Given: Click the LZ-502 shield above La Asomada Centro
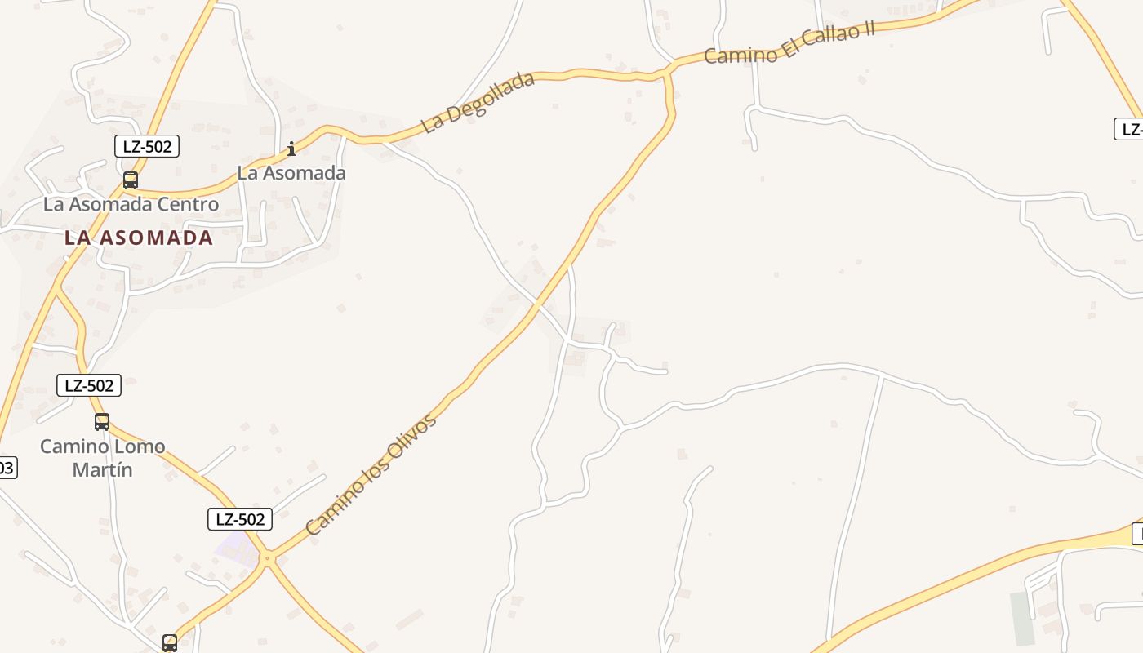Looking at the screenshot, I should coord(146,146).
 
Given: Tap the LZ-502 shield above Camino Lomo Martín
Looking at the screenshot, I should coord(89,385).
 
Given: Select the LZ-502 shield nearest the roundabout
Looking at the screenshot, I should coord(239,519).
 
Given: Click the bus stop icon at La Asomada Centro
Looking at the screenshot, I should coord(131,180).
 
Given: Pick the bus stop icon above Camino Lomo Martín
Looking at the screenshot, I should coord(102,422).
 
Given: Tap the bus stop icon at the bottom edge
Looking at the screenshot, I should coord(170,643).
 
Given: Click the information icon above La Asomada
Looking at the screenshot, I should coord(291,149).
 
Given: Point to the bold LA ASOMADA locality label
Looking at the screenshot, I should coord(139,238).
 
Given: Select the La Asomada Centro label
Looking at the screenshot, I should coord(131,204).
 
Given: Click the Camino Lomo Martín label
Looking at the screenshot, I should coord(103,458).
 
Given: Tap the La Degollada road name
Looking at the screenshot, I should coord(478,103).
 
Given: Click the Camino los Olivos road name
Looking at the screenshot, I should coord(371,476).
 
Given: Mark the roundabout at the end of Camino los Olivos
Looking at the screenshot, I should coord(267,559).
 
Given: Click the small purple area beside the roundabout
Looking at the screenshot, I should coord(233,548).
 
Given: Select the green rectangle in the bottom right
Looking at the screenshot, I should coord(1021,618).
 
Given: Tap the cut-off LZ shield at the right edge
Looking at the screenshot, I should coord(1130,129).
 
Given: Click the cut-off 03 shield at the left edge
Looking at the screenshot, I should coord(7,468).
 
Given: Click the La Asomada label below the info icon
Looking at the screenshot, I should coord(291,173).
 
